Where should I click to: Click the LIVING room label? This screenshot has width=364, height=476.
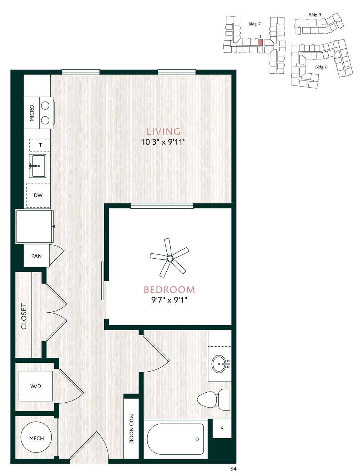[x=163, y=131]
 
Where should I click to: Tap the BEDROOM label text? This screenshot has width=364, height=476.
[x=169, y=290]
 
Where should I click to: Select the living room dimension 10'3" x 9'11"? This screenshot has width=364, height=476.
[x=163, y=142]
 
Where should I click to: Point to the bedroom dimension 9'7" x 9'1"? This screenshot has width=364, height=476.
[x=169, y=300]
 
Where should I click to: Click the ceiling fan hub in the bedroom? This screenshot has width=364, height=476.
[x=170, y=259]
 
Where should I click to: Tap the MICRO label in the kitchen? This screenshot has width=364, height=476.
[x=32, y=113]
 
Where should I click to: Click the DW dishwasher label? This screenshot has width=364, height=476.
[x=38, y=195]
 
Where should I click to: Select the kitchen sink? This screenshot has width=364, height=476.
[x=37, y=166]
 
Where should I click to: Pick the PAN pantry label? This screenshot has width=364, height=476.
[x=36, y=256]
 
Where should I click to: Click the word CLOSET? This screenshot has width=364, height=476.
[x=24, y=316]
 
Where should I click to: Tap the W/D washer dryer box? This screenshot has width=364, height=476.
[x=36, y=386]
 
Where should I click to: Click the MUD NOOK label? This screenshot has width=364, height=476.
[x=131, y=429]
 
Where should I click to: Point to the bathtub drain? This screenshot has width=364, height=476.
[x=197, y=439]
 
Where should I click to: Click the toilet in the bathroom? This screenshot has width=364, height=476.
[x=213, y=400]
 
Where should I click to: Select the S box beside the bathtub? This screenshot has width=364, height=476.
[x=222, y=429]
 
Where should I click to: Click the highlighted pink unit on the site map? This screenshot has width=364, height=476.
[x=260, y=42]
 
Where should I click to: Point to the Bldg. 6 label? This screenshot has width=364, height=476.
[x=321, y=67]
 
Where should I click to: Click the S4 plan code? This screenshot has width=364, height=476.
[x=233, y=469]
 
